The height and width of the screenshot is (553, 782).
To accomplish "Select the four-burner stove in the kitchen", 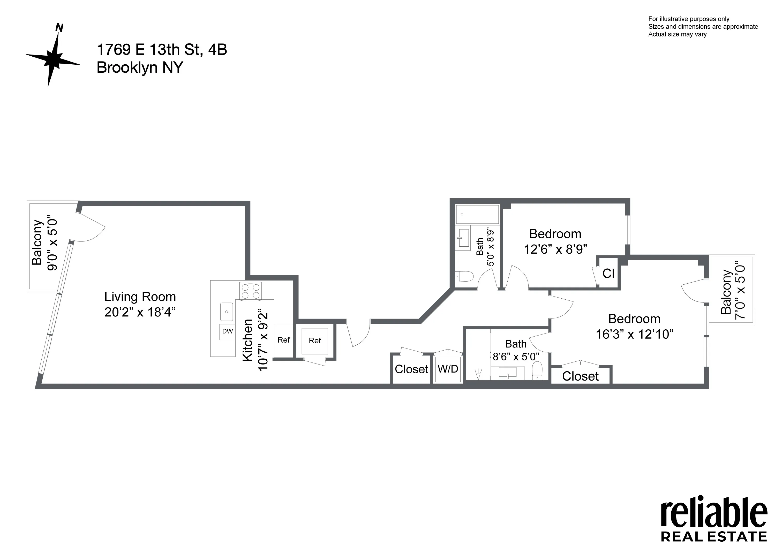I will (250, 291).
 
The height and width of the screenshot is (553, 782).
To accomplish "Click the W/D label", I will (448, 368).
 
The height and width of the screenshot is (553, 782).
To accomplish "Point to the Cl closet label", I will (608, 273).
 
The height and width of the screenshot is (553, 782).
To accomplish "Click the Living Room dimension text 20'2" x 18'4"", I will (140, 312).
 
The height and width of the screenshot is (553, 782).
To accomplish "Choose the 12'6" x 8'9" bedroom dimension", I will (555, 249).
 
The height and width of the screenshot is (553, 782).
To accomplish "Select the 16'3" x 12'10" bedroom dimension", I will (634, 334).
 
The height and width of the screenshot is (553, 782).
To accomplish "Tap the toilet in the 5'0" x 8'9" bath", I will (465, 276).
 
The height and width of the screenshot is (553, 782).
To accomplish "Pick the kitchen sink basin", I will (227, 312).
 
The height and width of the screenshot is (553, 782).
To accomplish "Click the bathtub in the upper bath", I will (478, 214).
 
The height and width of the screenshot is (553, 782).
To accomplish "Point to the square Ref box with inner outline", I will (315, 340).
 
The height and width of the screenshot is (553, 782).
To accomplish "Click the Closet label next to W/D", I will (411, 369).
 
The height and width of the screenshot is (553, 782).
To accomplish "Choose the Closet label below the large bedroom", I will (580, 376).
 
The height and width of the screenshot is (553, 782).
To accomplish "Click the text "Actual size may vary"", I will (677, 34).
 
